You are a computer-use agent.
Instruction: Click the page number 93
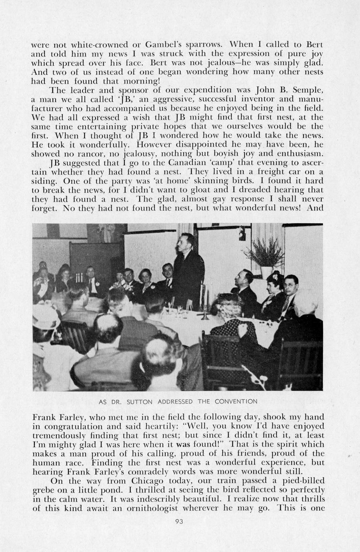click(x=180, y=521)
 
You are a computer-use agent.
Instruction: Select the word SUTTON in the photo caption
click(x=146, y=401)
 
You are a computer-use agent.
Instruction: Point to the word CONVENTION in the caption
click(x=236, y=401)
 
